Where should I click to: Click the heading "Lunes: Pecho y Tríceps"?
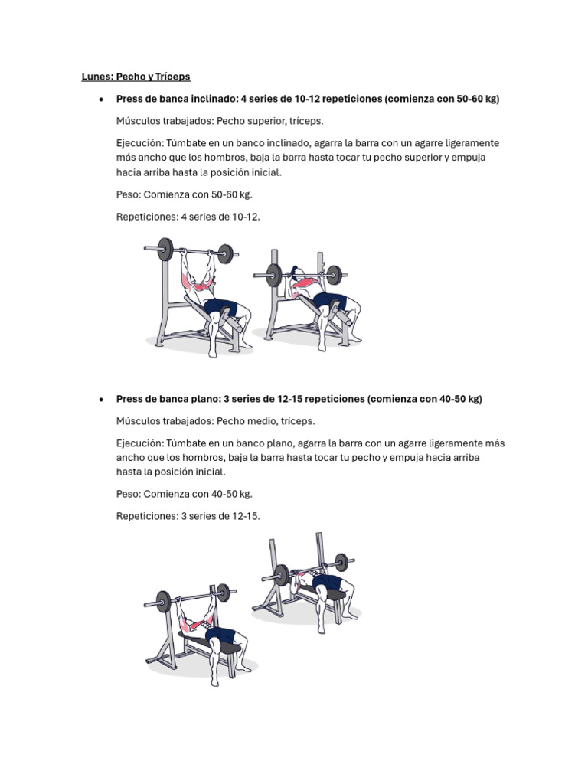(136, 77)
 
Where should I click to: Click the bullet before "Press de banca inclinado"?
(102, 100)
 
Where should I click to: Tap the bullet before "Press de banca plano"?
(102, 400)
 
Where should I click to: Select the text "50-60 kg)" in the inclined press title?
(478, 99)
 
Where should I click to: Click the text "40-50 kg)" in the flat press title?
(460, 399)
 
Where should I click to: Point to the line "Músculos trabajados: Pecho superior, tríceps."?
(220, 121)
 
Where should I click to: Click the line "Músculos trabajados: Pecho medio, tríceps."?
(215, 421)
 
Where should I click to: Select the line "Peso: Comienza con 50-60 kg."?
(185, 194)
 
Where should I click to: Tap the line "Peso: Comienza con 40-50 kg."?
(185, 494)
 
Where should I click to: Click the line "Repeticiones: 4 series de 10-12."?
(188, 217)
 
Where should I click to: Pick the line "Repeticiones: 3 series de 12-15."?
(188, 516)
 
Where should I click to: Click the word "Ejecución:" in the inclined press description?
(139, 143)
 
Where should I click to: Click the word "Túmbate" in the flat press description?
(186, 443)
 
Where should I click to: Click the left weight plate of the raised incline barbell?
(165, 249)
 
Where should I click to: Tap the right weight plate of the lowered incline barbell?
(335, 275)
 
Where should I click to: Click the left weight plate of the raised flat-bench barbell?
(164, 601)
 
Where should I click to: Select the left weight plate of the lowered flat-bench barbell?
(282, 575)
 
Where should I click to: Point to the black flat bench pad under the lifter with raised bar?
(210, 643)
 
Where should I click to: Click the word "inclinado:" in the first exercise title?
(215, 99)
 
